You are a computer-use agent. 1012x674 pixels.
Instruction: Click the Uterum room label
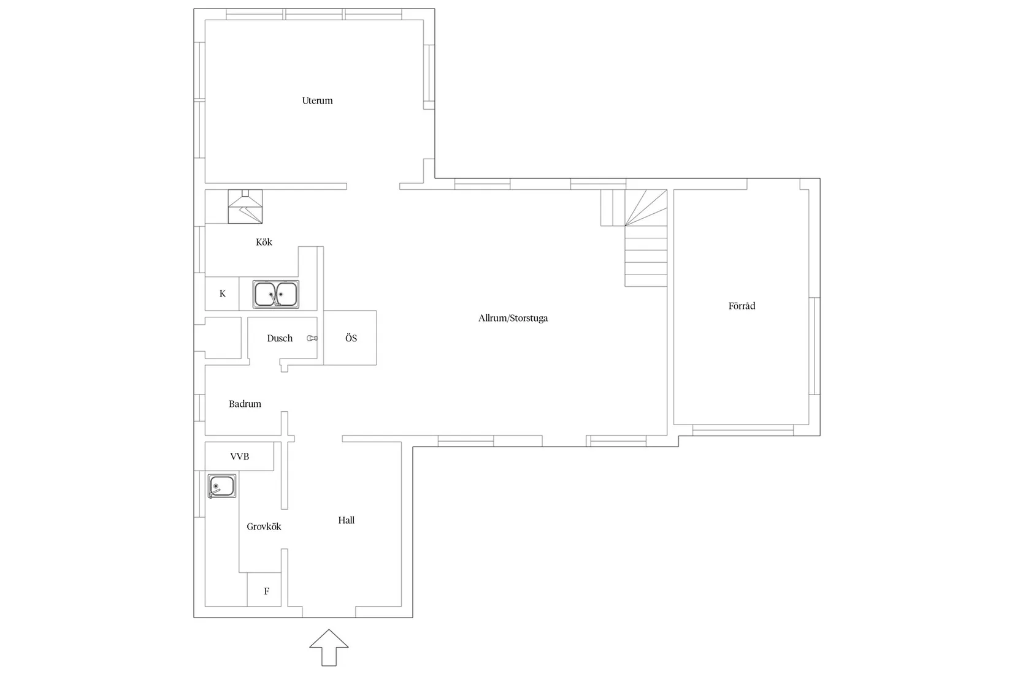[x=317, y=100]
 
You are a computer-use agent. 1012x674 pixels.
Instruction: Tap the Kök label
[x=264, y=242]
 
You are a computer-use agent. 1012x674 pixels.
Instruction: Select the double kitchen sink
[x=275, y=294]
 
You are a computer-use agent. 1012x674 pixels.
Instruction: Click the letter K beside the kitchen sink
[x=222, y=293]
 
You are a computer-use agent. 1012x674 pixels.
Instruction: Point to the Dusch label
[x=280, y=338]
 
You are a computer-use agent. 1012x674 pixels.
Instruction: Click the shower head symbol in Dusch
[x=312, y=338]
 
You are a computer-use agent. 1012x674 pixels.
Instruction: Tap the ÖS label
[x=351, y=338]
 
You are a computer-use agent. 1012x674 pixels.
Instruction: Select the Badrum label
[x=245, y=404]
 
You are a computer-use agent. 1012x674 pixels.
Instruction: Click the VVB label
[x=239, y=456]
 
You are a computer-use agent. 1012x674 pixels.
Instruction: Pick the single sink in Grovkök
[x=222, y=487]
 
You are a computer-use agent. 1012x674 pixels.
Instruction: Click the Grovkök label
[x=264, y=526]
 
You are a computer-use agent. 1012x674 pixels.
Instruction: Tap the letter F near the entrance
[x=267, y=591]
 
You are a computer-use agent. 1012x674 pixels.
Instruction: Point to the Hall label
[x=347, y=520]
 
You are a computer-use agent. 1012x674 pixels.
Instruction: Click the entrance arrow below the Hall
[x=329, y=648]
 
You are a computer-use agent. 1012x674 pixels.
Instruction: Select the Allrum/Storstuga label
[x=513, y=318]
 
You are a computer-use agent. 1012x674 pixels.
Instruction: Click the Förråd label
[x=742, y=306]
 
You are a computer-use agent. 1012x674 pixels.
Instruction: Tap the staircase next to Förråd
[x=646, y=238]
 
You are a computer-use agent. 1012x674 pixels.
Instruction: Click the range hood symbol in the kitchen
[x=245, y=206]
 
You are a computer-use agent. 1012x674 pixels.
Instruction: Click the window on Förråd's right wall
[x=815, y=346]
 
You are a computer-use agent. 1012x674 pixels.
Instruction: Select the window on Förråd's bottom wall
[x=743, y=430]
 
